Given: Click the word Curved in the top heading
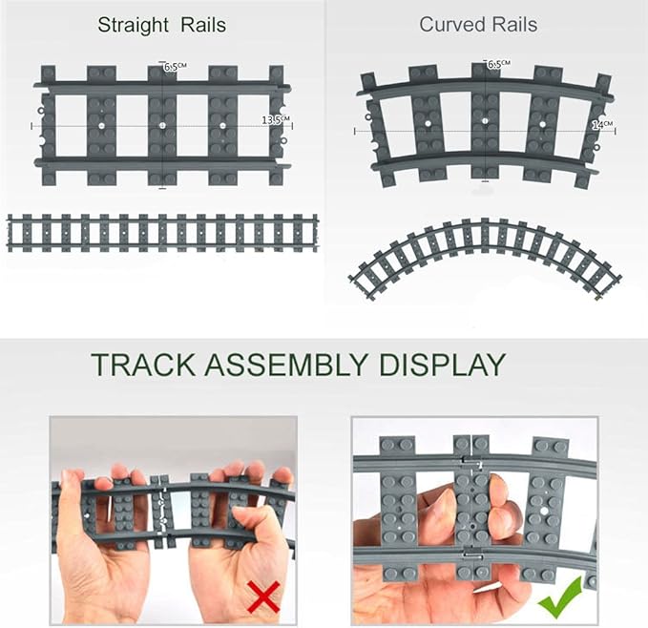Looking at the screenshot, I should [450, 25].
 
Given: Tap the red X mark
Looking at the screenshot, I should [263, 598].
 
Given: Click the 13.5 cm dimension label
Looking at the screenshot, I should [275, 119].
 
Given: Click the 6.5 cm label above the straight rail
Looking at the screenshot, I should [174, 67].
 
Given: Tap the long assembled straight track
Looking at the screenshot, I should [162, 232].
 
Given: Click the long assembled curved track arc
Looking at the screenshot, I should [485, 250].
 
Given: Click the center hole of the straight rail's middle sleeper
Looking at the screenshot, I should [163, 125].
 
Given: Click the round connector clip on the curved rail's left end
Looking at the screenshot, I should [366, 118].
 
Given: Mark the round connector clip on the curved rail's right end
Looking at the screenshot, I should [596, 149].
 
